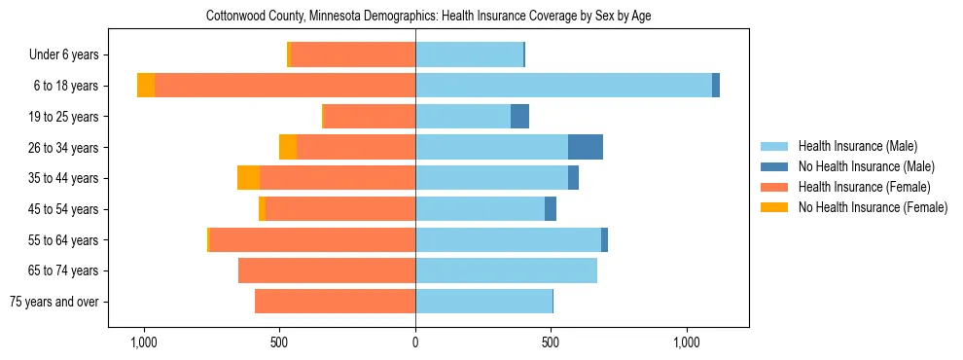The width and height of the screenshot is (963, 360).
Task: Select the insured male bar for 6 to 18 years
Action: point(563,86)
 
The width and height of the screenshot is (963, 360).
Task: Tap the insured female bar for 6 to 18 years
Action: point(285,86)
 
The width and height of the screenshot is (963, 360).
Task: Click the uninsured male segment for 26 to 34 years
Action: point(586,147)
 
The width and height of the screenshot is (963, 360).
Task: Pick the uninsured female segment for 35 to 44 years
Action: point(248,178)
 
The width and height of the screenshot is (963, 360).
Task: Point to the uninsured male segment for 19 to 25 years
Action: point(519,117)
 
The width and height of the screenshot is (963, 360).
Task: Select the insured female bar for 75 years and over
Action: point(335,302)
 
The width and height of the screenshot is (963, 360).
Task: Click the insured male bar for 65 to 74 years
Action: point(506,270)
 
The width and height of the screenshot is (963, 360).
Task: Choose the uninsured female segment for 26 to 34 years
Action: point(288,147)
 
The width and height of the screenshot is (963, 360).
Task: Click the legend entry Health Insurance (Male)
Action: point(857,146)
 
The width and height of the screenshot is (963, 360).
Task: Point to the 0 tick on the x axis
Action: point(415,342)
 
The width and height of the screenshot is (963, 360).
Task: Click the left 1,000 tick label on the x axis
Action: point(143,342)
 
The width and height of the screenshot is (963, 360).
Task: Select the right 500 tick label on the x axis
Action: point(551,342)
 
